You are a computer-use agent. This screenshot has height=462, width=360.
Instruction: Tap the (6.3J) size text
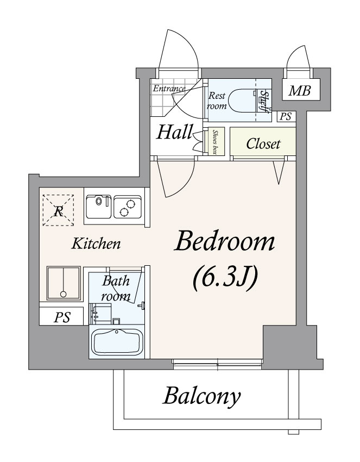click(x=224, y=278)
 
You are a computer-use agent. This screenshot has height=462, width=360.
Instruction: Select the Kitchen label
click(x=96, y=244)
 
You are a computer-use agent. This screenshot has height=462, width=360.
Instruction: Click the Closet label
click(x=263, y=144)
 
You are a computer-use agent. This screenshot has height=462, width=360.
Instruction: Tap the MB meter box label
click(x=299, y=91)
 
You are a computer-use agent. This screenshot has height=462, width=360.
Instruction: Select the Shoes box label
click(x=216, y=142)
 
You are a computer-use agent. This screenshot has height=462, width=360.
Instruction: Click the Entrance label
click(x=169, y=88)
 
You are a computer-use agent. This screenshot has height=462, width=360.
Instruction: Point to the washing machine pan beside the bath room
click(x=63, y=283)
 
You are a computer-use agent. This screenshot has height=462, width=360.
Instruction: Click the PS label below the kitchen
click(x=61, y=317)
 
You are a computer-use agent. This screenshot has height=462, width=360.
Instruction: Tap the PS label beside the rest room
click(x=285, y=116)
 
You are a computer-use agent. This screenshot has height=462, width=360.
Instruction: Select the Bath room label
click(x=116, y=289)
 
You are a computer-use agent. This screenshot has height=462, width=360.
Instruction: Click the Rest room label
click(x=217, y=100)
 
